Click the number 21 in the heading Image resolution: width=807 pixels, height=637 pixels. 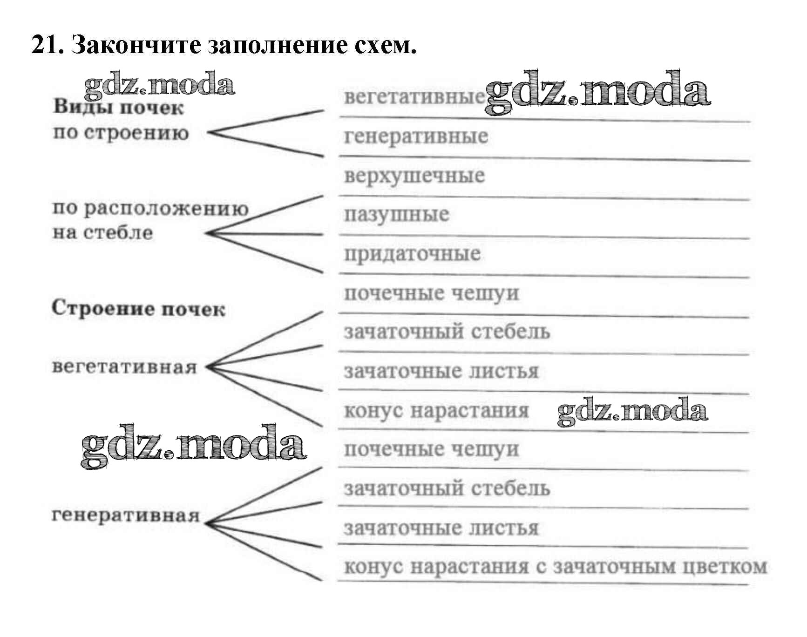47,45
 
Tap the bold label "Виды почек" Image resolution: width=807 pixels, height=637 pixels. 118,108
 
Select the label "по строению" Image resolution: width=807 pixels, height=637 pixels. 121,133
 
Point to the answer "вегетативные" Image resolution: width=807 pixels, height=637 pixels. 414,97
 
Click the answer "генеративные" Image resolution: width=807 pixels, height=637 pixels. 416,136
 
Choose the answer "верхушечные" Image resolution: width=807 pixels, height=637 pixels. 414,176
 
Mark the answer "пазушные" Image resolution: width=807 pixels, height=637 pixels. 397,215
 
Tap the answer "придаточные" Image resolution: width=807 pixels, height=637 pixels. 413,254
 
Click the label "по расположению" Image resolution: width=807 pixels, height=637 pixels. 150,208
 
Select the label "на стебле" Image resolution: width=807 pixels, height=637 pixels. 102,232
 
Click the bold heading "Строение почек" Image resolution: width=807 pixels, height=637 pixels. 138,309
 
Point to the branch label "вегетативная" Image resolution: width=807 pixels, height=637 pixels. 124,367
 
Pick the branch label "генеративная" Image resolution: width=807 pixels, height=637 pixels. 125,515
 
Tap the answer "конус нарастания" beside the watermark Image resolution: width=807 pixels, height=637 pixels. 436,411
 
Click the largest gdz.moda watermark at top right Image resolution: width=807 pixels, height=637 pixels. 597,93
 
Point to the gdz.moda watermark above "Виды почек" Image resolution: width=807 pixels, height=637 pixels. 160,85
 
